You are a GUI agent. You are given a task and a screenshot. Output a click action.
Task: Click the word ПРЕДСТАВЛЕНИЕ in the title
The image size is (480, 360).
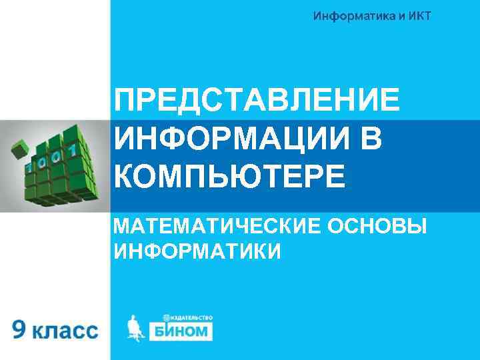pyautogui.click(x=257, y=101)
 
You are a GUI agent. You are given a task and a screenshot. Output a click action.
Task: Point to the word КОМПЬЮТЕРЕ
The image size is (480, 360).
pyautogui.click(x=230, y=177)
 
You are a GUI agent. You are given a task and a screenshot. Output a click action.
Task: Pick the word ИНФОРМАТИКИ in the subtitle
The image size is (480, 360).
pyautogui.click(x=197, y=251)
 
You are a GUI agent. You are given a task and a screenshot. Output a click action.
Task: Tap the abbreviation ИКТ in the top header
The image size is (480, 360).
pyautogui.click(x=417, y=15)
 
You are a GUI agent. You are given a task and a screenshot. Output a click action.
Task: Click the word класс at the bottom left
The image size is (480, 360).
pyautogui.click(x=67, y=331)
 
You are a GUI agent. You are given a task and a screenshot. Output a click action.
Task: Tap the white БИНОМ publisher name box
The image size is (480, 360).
pyautogui.click(x=181, y=331)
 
